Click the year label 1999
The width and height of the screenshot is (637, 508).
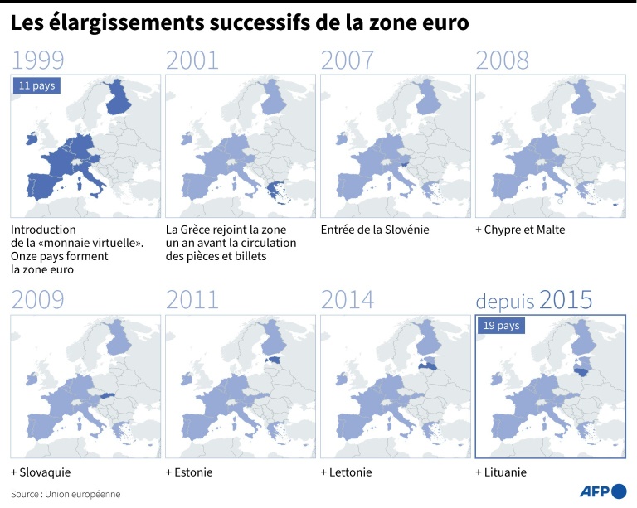pos(38,60)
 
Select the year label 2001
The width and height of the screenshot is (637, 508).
pos(192,60)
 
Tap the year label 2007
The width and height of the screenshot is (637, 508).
pos(347,60)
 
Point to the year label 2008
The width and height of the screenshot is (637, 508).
pos(502,60)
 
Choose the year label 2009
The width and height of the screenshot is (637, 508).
pos(38,300)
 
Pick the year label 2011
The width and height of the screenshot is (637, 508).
pos(192,300)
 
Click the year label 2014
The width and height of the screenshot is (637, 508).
pos(347,300)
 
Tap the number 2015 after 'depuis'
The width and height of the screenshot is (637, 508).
pos(566,300)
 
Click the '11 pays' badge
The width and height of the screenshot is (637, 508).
pos(36,85)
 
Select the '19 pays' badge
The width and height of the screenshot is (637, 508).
pos(501,326)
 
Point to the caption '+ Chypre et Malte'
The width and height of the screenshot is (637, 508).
pos(520,230)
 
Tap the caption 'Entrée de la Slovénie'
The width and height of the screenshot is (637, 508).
pos(374,230)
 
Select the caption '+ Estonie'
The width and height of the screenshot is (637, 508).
pos(189,472)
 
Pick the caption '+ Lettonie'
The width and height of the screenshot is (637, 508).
pos(347,472)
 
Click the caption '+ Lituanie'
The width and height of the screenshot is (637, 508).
pos(501,472)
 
